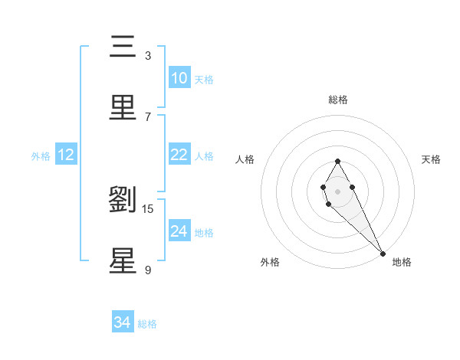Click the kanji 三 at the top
point(123,47)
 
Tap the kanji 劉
point(123,200)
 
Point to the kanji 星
point(123,260)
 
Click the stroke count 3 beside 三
point(147,56)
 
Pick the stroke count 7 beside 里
point(147,116)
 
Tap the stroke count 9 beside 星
point(147,270)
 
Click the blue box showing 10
point(179,78)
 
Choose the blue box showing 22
point(179,155)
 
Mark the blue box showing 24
point(179,231)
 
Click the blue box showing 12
point(66,155)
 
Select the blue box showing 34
point(122,323)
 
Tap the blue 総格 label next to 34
point(148,324)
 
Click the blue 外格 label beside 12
point(41,155)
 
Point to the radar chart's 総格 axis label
point(338,100)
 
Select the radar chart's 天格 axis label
point(432,159)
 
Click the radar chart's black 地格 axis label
point(402,262)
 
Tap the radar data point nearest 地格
point(382,254)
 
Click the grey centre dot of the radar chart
point(337,191)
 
